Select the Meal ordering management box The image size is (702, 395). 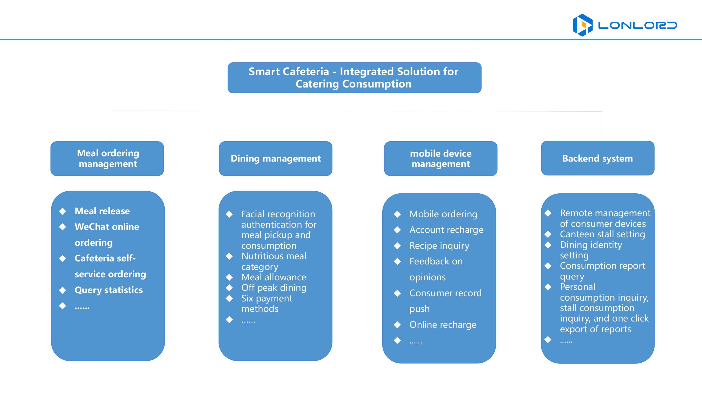(107, 159)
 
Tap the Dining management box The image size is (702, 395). (276, 159)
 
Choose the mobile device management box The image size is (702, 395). (441, 159)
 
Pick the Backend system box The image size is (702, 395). (598, 158)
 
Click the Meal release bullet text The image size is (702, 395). (102, 211)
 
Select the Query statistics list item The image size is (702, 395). (109, 290)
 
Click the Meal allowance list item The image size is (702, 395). (274, 277)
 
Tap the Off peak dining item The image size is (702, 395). (274, 288)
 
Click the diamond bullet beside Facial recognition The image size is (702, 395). (229, 214)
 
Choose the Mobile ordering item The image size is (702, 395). (443, 214)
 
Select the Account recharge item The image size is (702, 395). (446, 230)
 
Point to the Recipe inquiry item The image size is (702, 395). (439, 246)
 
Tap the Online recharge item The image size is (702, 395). (443, 325)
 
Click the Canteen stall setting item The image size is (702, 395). (602, 234)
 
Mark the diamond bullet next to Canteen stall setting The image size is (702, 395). (548, 234)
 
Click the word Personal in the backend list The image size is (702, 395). (578, 287)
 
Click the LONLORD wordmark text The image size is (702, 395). (637, 26)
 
